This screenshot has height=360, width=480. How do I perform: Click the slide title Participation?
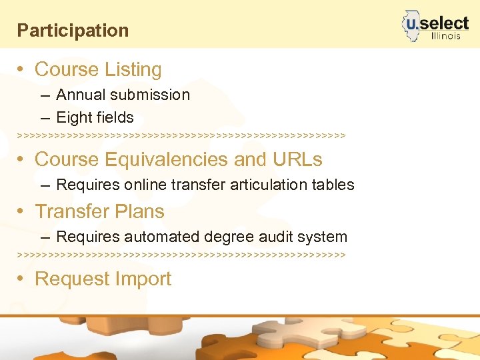coord(73,31)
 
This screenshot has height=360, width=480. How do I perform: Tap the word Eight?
coord(74,118)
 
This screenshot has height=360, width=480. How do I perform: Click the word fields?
coord(115,118)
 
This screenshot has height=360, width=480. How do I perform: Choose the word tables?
coord(333,185)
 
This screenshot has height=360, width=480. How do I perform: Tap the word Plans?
coord(141,211)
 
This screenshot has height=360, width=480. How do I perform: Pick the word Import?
coord(143,279)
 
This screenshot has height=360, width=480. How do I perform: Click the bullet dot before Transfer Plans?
coord(22,211)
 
